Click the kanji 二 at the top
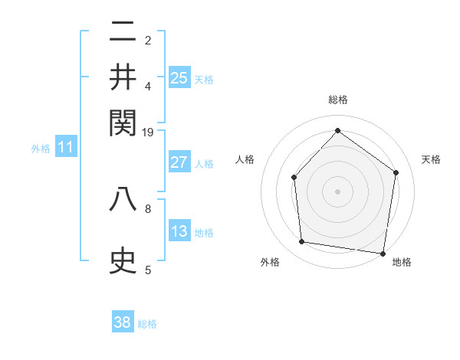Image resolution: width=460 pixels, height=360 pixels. pyautogui.click(x=123, y=33)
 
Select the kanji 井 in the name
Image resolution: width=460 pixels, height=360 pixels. pyautogui.click(x=123, y=77)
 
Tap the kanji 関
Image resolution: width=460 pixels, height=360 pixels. pyautogui.click(x=123, y=122)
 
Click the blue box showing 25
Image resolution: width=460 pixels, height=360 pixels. pyautogui.click(x=179, y=77)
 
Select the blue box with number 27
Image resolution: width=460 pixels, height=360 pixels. pyautogui.click(x=179, y=162)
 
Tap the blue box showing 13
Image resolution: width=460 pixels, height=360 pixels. pyautogui.click(x=179, y=231)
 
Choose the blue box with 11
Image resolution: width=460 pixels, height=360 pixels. pyautogui.click(x=66, y=147)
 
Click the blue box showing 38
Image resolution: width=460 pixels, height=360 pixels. pyautogui.click(x=123, y=322)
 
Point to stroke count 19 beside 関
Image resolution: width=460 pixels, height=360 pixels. pyautogui.click(x=148, y=132)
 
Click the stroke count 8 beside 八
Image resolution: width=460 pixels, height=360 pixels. pyautogui.click(x=148, y=208)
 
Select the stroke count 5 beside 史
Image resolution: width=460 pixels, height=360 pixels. pyautogui.click(x=148, y=270)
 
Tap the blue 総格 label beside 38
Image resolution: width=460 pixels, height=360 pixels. pyautogui.click(x=147, y=324)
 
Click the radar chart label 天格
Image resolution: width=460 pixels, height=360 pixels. pyautogui.click(x=431, y=160)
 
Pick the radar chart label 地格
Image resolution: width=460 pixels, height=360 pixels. pyautogui.click(x=402, y=262)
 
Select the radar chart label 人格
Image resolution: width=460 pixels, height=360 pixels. pyautogui.click(x=245, y=160)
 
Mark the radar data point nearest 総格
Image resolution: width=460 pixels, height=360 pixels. pyautogui.click(x=337, y=130)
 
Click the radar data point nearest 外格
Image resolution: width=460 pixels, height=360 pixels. pyautogui.click(x=302, y=242)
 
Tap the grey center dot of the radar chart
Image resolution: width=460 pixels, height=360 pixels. pyautogui.click(x=337, y=191)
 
